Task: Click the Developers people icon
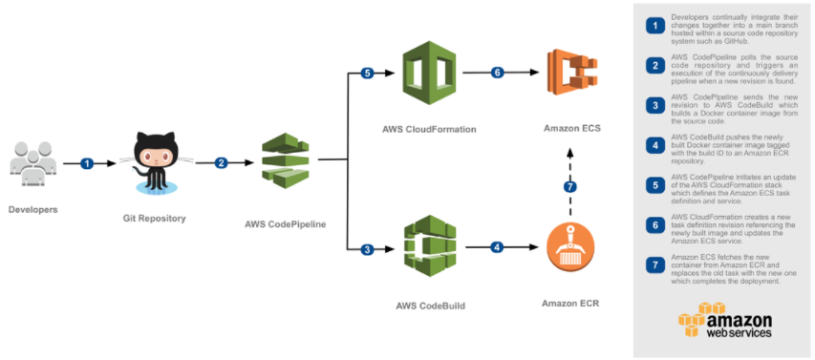click(x=33, y=163)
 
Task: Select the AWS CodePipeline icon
click(x=285, y=161)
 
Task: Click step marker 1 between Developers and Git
click(x=87, y=163)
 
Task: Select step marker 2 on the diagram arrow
click(x=222, y=162)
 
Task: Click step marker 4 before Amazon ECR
click(x=496, y=248)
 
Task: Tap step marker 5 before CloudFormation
click(x=368, y=73)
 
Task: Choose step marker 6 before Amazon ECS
click(x=496, y=73)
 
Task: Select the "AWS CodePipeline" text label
click(x=285, y=223)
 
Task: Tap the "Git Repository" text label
click(x=155, y=218)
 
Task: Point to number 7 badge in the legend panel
click(x=654, y=265)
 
